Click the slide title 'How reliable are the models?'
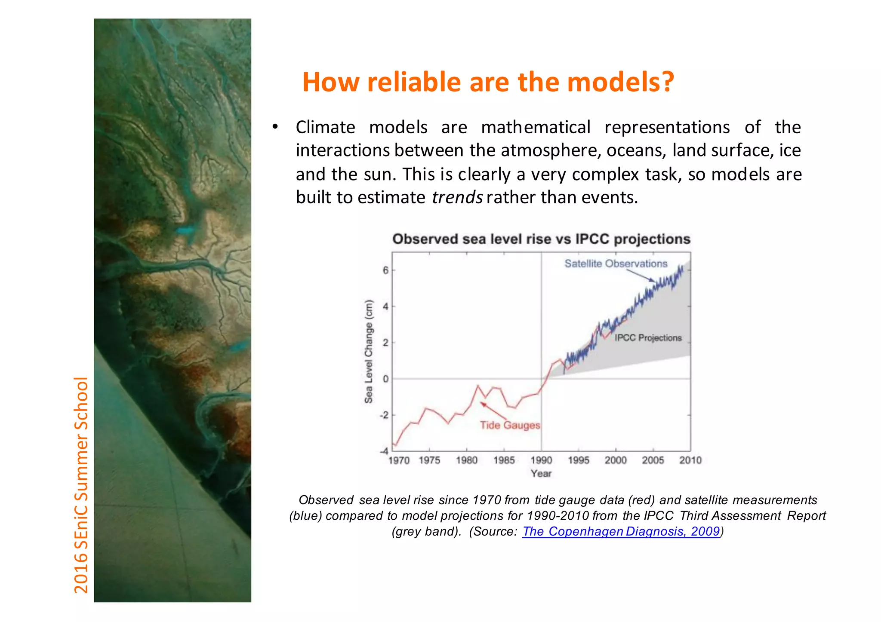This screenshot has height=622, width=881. click(x=488, y=82)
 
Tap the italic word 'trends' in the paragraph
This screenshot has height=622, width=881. click(x=457, y=197)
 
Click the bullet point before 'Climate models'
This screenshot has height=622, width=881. click(x=275, y=127)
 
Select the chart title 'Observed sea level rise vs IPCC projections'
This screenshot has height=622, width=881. click(x=541, y=239)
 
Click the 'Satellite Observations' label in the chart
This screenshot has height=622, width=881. click(x=616, y=264)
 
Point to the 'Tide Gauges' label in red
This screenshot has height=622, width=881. click(x=510, y=425)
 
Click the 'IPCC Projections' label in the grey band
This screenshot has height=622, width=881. click(x=648, y=338)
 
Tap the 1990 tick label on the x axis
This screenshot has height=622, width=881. click(x=541, y=460)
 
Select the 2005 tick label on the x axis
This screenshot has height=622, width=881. click(x=653, y=460)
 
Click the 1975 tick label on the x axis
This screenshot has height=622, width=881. click(x=429, y=460)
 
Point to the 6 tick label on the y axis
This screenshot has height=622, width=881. click(x=385, y=270)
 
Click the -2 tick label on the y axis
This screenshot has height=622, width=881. click(x=384, y=415)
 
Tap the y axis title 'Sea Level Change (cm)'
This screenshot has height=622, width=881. click(x=369, y=351)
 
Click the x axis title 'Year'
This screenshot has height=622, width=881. click(x=541, y=474)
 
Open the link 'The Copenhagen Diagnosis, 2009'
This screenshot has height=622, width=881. click(x=621, y=532)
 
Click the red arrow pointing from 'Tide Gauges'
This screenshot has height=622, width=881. click(x=493, y=411)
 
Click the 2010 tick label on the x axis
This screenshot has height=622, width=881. click(x=690, y=460)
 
